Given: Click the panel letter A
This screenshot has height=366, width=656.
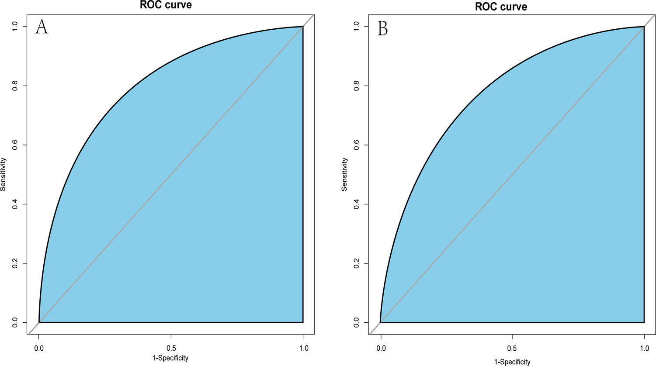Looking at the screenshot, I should tap(42, 27).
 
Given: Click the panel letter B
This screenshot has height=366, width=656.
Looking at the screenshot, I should tap(382, 28).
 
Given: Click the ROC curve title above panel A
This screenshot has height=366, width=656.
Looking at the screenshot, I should tap(166, 5).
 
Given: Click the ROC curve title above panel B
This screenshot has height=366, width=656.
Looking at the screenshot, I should tap(501, 7).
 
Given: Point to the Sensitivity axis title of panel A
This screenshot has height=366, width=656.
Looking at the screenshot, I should tap(3, 174).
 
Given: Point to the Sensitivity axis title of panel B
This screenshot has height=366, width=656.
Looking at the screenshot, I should tap(344, 174).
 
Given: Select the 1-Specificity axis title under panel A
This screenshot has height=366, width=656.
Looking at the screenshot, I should tap(171, 358).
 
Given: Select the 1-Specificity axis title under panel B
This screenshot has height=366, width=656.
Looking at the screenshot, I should tap(512, 362).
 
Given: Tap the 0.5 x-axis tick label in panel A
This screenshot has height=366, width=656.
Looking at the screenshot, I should tap(171, 348).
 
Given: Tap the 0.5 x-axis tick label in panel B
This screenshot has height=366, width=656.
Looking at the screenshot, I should tap(512, 349).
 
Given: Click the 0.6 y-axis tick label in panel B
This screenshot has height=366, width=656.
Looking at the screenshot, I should tap(357, 145).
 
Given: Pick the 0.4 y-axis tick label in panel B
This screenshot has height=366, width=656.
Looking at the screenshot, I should tap(357, 204).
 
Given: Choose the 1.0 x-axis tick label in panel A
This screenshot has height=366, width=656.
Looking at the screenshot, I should tap(303, 348).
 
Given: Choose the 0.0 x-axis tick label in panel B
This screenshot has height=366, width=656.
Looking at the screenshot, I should tap(381, 349).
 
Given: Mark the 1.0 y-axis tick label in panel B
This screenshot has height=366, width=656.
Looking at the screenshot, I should tap(357, 27).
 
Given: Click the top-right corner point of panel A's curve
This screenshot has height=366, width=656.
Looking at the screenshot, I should tap(303, 27).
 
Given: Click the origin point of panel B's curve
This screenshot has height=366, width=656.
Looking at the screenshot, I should tap(381, 322).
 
